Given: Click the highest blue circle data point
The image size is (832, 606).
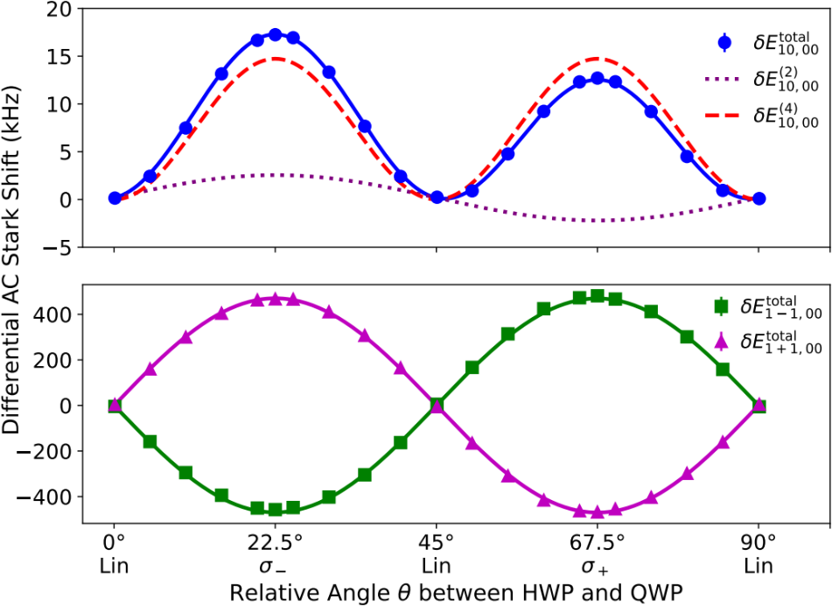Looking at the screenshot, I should point(276,35).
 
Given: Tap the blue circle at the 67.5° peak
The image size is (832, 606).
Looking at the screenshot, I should point(598,78).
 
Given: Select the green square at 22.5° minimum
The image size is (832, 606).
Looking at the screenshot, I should point(276,510).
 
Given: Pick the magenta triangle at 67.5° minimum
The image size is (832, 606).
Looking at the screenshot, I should point(598,512).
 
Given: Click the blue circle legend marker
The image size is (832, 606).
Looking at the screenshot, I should point(724,40).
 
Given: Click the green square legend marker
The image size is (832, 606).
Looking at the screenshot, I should point(722,306).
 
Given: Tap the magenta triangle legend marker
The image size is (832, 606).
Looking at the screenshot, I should point(722,342).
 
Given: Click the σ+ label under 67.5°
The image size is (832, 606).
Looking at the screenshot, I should point(598,566).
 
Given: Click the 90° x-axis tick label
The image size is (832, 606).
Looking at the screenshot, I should point(759,540).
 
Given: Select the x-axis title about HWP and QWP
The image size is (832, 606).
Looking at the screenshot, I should point(455,592).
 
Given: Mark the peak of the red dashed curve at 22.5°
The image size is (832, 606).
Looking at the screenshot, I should point(276,59).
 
